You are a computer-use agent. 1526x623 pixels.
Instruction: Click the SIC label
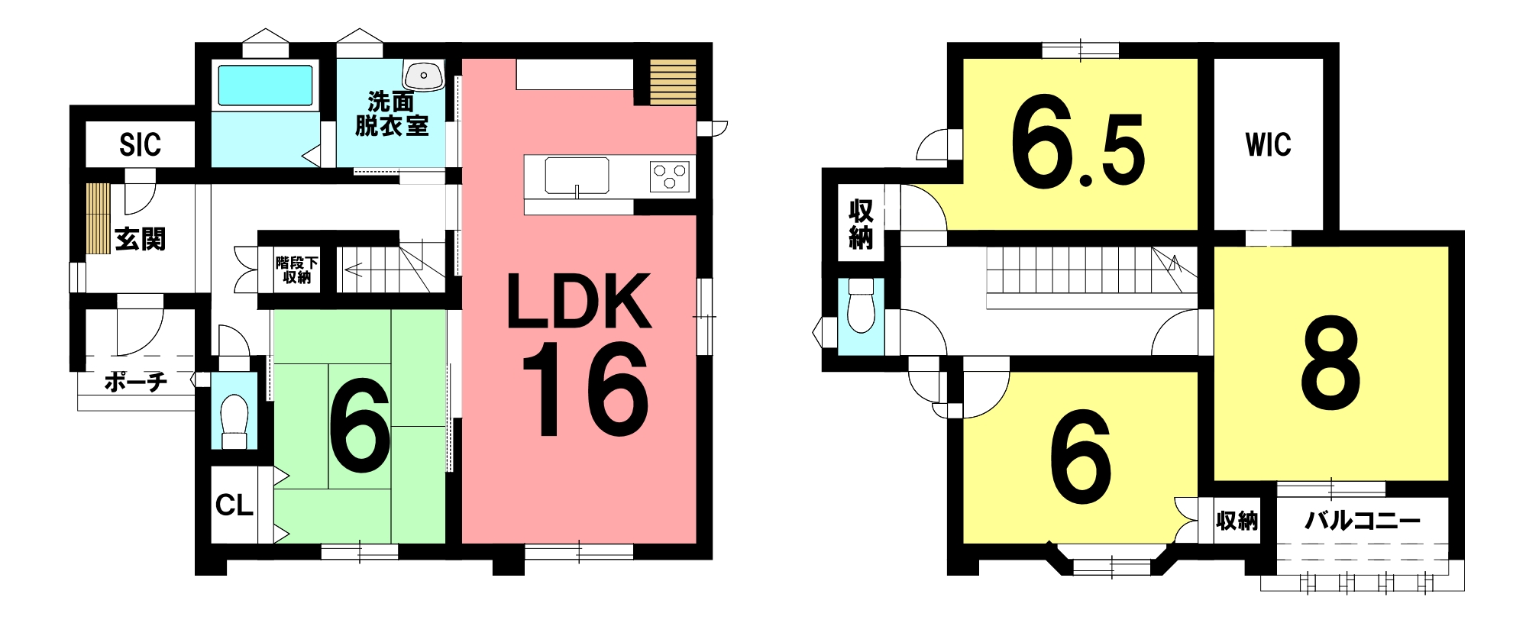point(140,144)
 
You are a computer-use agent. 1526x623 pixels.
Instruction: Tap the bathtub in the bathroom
point(265,85)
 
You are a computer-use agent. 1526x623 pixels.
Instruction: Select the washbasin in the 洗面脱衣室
point(423,76)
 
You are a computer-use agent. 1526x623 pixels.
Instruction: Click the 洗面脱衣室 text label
point(392,114)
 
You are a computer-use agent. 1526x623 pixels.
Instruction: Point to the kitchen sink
point(577,176)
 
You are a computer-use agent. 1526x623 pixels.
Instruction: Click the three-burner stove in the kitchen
point(669,176)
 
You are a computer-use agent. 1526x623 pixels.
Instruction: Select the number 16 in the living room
point(586,389)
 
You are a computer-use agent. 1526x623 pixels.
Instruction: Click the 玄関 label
point(140,239)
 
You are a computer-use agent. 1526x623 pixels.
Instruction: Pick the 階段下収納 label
point(297,270)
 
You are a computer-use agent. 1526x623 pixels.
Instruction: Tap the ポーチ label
point(135,381)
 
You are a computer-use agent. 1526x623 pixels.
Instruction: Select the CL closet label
point(234,505)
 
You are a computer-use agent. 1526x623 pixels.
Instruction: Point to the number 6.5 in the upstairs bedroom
point(1078,151)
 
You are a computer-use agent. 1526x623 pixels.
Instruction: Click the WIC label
point(1268,144)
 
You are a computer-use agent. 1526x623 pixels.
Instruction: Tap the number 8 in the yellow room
point(1330,362)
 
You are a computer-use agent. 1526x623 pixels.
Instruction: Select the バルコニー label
point(1363,521)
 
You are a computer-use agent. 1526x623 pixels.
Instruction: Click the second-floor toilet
point(861,305)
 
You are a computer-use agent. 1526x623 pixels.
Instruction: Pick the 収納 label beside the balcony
point(1237,521)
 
